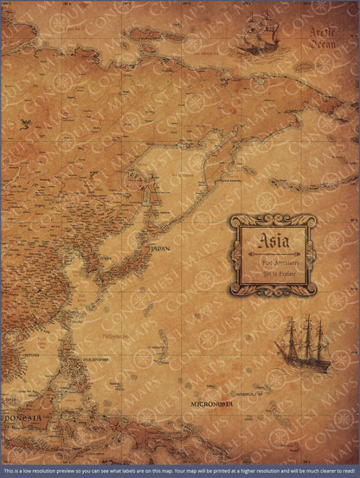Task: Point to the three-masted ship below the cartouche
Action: (x=301, y=346)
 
